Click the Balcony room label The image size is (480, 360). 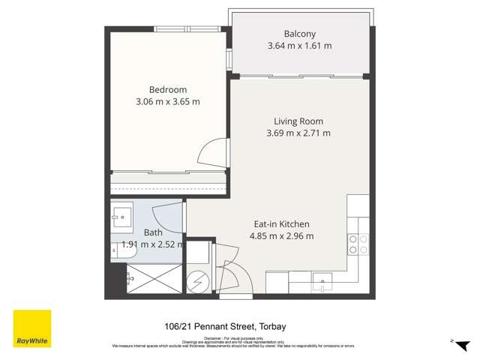click(x=299, y=34)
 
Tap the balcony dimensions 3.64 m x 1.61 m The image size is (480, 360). click(x=299, y=46)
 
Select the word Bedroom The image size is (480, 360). click(x=168, y=89)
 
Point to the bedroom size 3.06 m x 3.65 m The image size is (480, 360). click(x=168, y=102)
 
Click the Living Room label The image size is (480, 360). click(x=298, y=121)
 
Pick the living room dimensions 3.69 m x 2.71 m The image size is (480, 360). click(x=298, y=133)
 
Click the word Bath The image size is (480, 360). click(x=152, y=232)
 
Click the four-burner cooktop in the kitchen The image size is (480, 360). click(x=358, y=244)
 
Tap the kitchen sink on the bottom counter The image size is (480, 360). click(x=325, y=283)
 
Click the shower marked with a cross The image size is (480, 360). click(x=154, y=277)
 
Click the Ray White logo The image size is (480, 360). click(x=32, y=328)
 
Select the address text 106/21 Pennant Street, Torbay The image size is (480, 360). click(x=225, y=326)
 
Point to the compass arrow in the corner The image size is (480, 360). click(x=451, y=340)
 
